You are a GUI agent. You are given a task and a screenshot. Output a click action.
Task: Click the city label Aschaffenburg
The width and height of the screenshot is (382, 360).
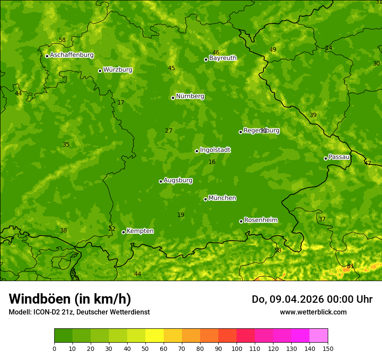(72, 55)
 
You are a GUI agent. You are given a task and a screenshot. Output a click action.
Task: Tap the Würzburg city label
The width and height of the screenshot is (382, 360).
(118, 70)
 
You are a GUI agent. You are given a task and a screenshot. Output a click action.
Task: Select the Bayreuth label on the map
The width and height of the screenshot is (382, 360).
(223, 58)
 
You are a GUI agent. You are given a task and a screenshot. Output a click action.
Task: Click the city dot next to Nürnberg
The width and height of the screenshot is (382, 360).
(173, 98)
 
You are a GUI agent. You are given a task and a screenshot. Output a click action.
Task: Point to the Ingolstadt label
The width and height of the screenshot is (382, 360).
(215, 150)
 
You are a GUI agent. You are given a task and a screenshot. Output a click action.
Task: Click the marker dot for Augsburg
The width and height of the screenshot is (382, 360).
(161, 181)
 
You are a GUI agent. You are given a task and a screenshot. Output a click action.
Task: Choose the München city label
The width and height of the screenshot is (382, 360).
(222, 198)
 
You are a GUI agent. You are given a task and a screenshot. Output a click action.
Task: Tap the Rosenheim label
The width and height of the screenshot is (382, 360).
(260, 220)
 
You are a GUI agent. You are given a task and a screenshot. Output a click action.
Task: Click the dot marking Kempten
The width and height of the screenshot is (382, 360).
(123, 232)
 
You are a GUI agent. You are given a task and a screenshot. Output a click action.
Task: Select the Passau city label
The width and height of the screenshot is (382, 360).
(339, 157)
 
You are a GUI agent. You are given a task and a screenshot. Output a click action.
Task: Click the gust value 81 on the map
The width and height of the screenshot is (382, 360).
(350, 266)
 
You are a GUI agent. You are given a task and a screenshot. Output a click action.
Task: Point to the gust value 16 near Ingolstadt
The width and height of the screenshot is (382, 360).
(212, 162)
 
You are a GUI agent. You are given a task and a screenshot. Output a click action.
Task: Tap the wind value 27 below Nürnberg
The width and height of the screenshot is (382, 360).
(169, 131)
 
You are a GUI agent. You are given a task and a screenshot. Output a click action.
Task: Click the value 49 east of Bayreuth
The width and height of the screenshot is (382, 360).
(273, 50)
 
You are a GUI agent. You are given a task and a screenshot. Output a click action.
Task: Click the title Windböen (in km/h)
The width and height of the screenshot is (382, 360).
(70, 299)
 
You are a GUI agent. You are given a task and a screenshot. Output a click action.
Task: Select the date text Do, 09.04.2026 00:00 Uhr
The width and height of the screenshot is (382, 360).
(312, 299)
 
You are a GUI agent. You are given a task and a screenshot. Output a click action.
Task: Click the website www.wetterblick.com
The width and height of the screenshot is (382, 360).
(313, 312)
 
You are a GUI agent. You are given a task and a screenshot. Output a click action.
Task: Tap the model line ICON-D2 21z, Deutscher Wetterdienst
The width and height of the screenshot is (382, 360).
(79, 312)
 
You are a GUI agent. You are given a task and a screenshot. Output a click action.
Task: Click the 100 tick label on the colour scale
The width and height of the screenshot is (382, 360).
(237, 348)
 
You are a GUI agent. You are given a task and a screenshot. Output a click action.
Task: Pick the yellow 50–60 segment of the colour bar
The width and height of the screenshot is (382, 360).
(155, 336)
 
